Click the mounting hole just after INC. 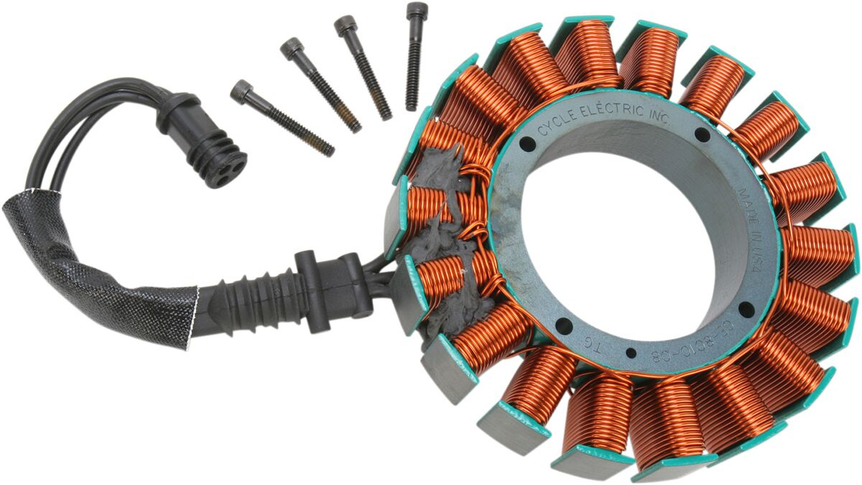click(x=702, y=135)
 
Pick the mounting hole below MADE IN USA click(x=746, y=310)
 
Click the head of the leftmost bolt click(x=242, y=91)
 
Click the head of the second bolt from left click(x=292, y=48)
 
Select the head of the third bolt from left click(x=346, y=27)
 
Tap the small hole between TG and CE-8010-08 click(x=631, y=354)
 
